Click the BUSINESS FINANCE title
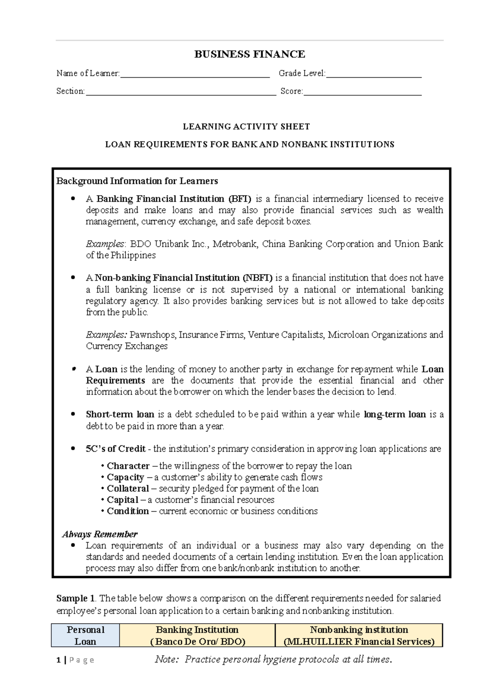249,54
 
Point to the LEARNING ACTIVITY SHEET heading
246,127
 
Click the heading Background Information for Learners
137,181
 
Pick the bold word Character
128,466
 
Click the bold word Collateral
128,488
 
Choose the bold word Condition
128,511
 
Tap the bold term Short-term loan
120,414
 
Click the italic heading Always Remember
100,534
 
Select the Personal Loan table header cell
85,635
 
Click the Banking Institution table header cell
197,635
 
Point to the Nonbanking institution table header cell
359,635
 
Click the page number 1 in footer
59,660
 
